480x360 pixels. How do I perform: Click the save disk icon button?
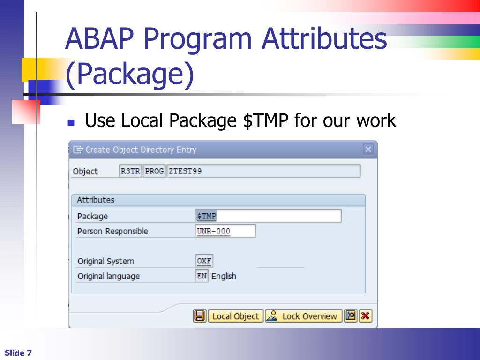[x=200, y=316]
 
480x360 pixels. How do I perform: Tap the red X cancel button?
[x=365, y=316]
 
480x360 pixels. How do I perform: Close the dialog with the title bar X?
[x=368, y=150]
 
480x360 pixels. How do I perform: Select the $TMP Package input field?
[x=268, y=216]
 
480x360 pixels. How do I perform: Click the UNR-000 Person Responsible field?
[x=225, y=231]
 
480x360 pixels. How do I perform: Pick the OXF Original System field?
[x=204, y=261]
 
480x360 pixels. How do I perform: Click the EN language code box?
[x=202, y=276]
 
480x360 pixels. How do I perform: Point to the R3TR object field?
[x=130, y=171]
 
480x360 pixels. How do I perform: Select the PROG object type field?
[x=154, y=171]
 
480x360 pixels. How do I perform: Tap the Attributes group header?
[x=96, y=200]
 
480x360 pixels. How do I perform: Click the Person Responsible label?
[x=112, y=231]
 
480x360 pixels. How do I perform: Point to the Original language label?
[x=109, y=276]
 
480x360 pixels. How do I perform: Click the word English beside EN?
[x=224, y=276]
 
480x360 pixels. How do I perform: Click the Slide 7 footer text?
[x=18, y=353]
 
